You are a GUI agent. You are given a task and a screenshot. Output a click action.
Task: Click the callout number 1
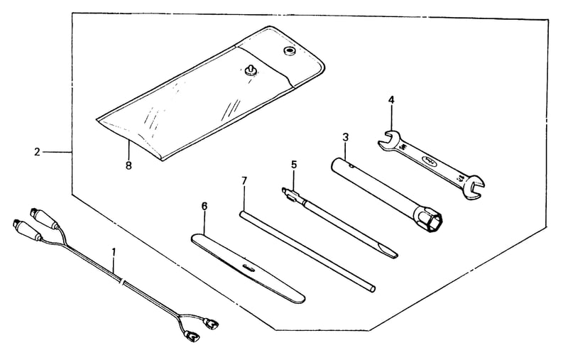(114, 251)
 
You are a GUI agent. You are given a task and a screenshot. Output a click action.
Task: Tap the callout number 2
(37, 152)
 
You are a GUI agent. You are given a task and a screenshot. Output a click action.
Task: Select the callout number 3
(345, 137)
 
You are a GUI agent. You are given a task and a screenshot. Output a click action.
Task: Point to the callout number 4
(391, 99)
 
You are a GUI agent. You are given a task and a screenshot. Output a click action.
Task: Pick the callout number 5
(293, 165)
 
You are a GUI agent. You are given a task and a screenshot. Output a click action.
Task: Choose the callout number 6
(204, 207)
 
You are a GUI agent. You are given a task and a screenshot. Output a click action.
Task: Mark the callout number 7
(244, 181)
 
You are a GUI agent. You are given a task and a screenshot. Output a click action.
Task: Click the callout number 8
(129, 166)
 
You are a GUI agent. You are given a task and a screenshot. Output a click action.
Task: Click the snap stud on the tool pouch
(250, 70)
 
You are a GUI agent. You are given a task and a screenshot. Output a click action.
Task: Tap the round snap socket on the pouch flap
(289, 50)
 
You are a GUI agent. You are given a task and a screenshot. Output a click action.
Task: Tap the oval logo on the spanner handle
(429, 159)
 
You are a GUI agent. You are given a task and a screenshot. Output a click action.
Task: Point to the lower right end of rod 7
(372, 289)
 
